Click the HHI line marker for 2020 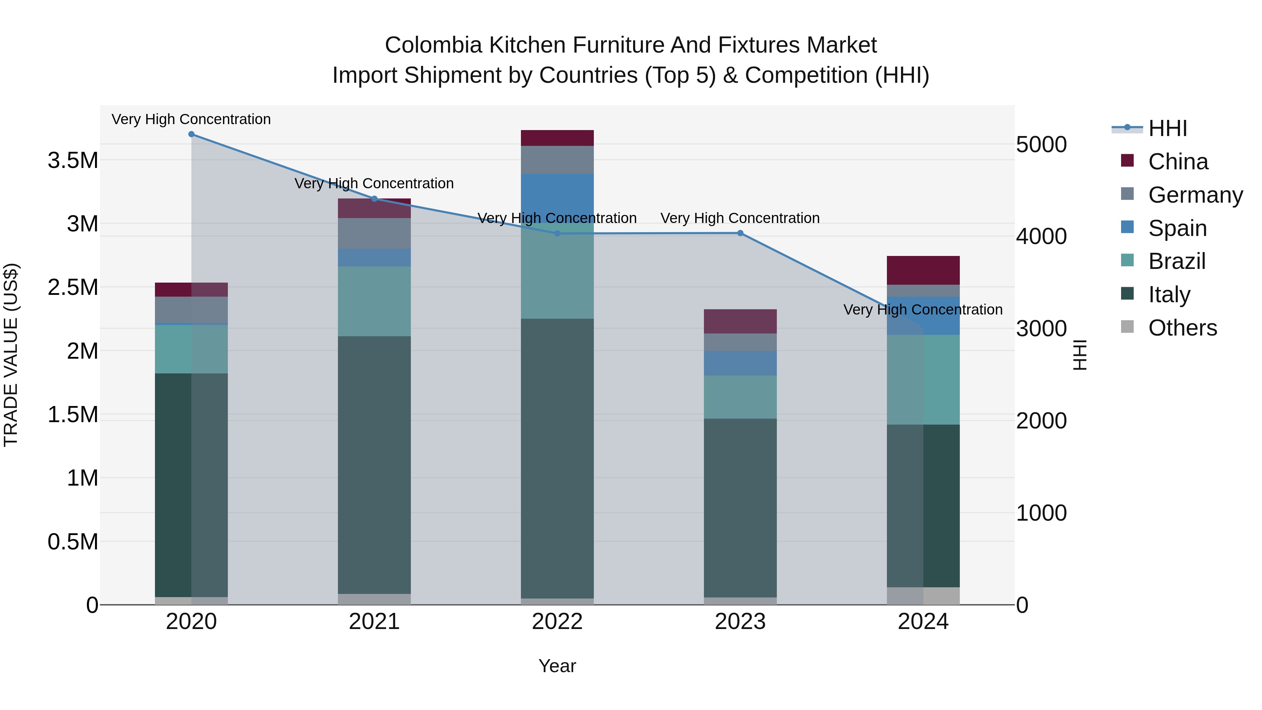191,134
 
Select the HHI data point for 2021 374,198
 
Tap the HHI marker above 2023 740,233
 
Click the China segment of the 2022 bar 557,138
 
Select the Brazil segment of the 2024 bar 923,379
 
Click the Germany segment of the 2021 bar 374,233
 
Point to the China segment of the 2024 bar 923,270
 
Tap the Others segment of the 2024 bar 923,595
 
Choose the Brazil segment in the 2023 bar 740,397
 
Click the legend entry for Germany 1195,195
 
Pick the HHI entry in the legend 1167,128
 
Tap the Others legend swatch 1127,327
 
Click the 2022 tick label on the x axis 557,622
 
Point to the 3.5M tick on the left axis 73,160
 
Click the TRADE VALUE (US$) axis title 11,355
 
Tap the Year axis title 557,666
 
